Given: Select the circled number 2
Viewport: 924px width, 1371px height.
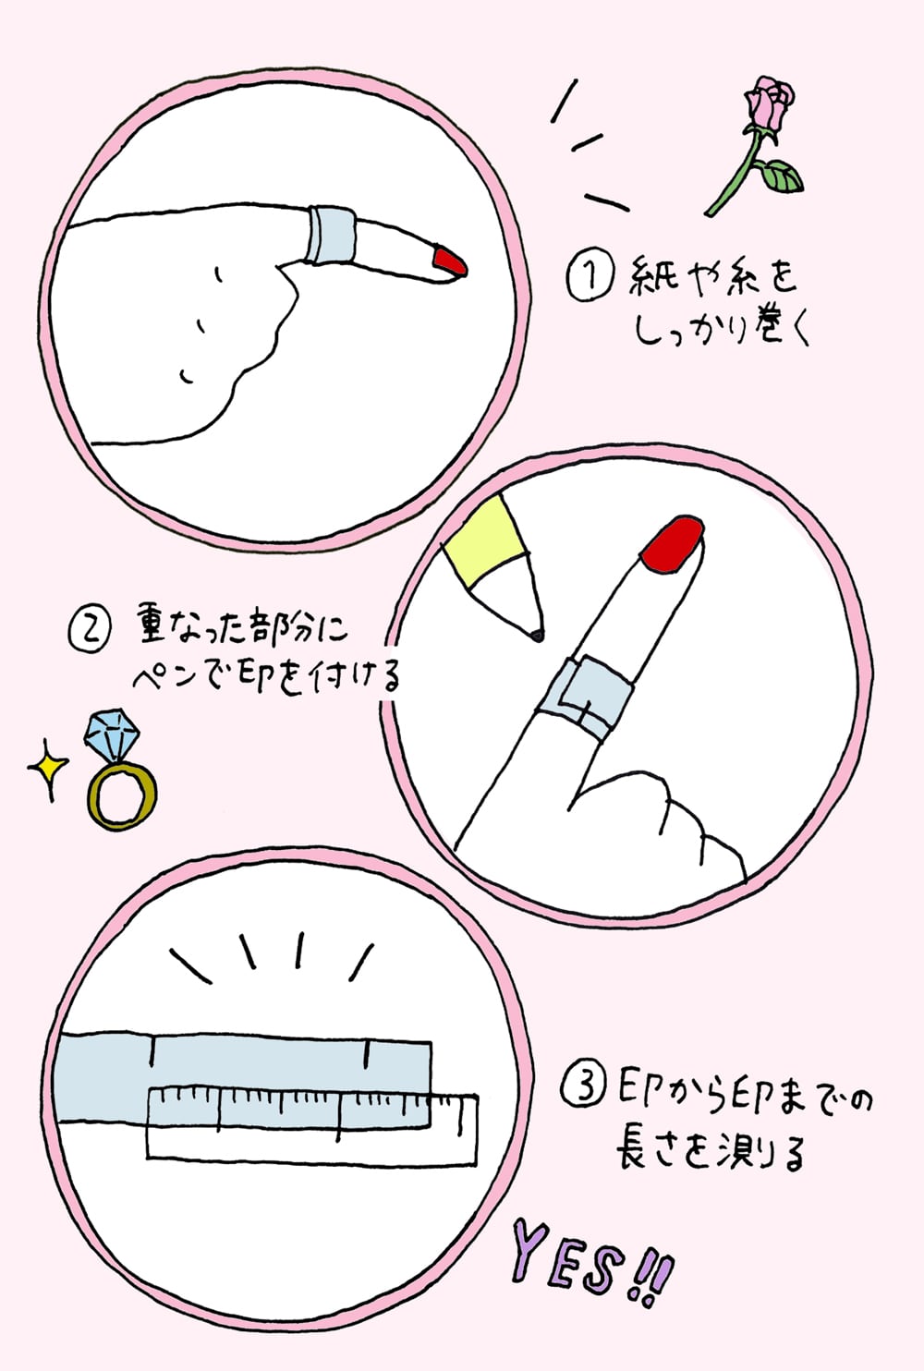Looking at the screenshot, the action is click(90, 631).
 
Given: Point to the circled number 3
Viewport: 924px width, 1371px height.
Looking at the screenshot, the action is click(582, 1090).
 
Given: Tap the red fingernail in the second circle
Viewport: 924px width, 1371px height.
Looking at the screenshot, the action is click(673, 545).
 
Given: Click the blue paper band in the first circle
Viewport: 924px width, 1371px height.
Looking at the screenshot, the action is click(331, 235).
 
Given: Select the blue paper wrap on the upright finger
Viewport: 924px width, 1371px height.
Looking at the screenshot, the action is click(585, 698).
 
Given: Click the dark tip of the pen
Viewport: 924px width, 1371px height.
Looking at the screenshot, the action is click(537, 637).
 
